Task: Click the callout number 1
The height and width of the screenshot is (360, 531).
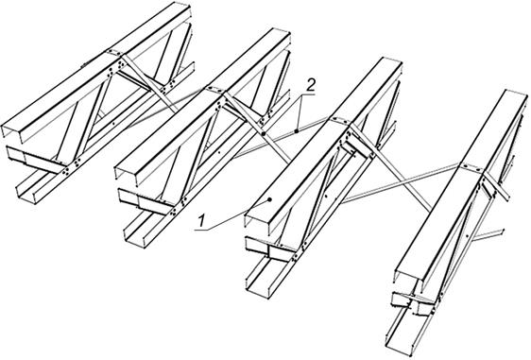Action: (x=202, y=221)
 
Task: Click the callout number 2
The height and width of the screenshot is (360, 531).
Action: (x=310, y=85)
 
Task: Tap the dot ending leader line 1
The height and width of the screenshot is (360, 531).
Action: (x=269, y=199)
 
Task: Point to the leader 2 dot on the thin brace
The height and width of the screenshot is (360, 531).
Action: (x=297, y=130)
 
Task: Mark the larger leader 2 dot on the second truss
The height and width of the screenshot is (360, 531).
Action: (x=263, y=134)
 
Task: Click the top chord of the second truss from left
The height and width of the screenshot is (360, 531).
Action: (x=202, y=102)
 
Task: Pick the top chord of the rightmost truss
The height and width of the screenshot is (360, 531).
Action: (x=462, y=184)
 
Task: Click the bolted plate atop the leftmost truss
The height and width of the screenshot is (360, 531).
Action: (x=115, y=53)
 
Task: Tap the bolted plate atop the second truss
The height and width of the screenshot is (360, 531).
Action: (x=214, y=90)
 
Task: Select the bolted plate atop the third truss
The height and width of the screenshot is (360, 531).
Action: (x=337, y=120)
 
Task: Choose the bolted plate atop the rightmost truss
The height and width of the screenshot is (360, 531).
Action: (x=470, y=167)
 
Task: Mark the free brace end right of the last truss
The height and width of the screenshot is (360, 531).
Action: (x=501, y=231)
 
